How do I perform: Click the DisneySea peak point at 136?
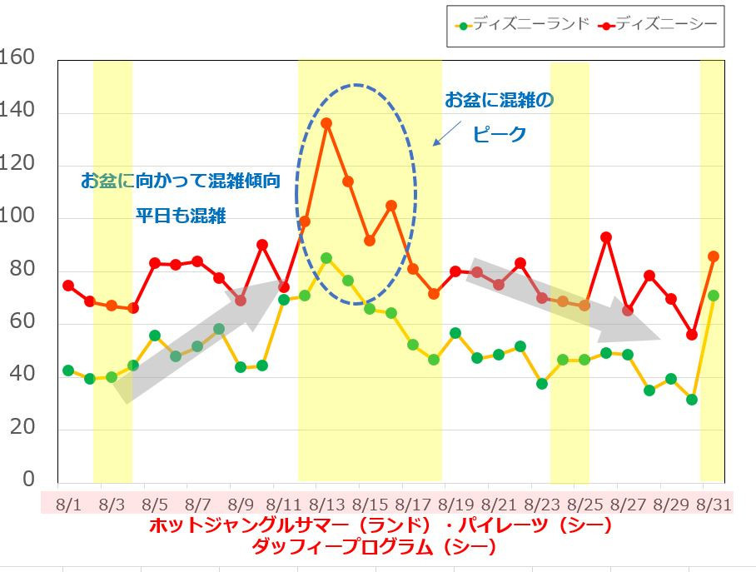click(326, 123)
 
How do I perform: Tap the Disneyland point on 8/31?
click(713, 296)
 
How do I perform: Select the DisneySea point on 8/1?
click(68, 286)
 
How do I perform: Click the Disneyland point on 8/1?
click(68, 371)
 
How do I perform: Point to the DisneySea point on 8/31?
click(713, 256)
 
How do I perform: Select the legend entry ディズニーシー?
click(659, 25)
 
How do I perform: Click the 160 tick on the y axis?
click(17, 58)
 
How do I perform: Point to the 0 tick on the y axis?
click(28, 480)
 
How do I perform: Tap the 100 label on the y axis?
click(17, 216)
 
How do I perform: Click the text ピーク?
click(500, 134)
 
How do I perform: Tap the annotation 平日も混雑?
click(181, 216)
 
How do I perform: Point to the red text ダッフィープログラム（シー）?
click(378, 547)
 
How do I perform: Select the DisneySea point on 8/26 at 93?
click(606, 237)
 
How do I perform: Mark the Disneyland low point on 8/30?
click(691, 400)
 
